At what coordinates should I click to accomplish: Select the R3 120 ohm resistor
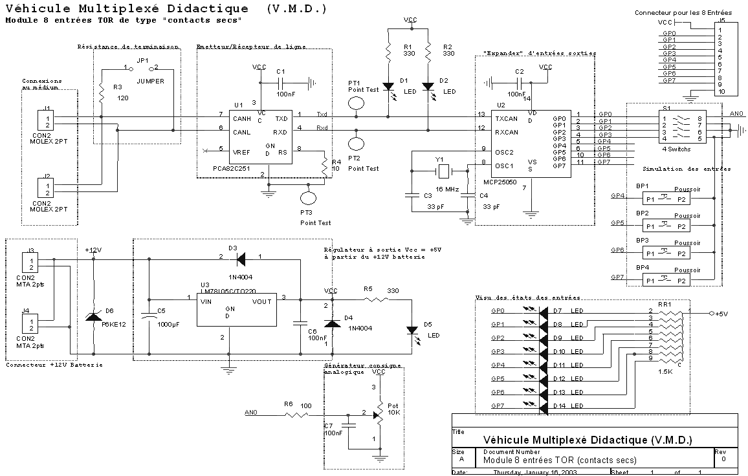tap(102, 94)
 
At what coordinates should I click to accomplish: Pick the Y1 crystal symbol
tap(443, 171)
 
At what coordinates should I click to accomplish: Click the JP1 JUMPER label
tap(150, 81)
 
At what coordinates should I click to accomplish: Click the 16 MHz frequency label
tap(446, 189)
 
